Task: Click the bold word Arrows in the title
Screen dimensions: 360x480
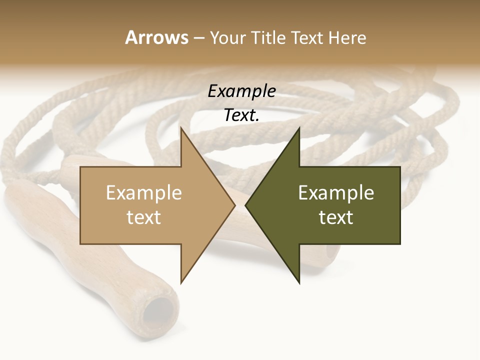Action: point(156,37)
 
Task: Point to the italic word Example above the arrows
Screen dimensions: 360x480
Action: point(241,91)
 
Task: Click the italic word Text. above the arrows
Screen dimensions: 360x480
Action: point(241,115)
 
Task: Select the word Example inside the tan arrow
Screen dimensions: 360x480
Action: point(144,193)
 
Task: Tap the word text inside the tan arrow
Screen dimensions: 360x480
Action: point(144,217)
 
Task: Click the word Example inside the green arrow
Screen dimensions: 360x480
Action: point(336,193)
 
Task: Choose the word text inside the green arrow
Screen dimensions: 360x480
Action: point(336,217)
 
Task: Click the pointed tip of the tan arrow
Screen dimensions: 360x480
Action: point(234,205)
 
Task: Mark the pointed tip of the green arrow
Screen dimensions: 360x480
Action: point(246,205)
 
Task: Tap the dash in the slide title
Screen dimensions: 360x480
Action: point(198,38)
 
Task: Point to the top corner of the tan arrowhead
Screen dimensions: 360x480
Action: point(181,128)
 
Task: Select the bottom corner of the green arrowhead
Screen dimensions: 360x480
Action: point(299,283)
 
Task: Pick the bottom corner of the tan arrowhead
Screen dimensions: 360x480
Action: point(181,283)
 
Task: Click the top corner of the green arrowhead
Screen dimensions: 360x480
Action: point(299,128)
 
